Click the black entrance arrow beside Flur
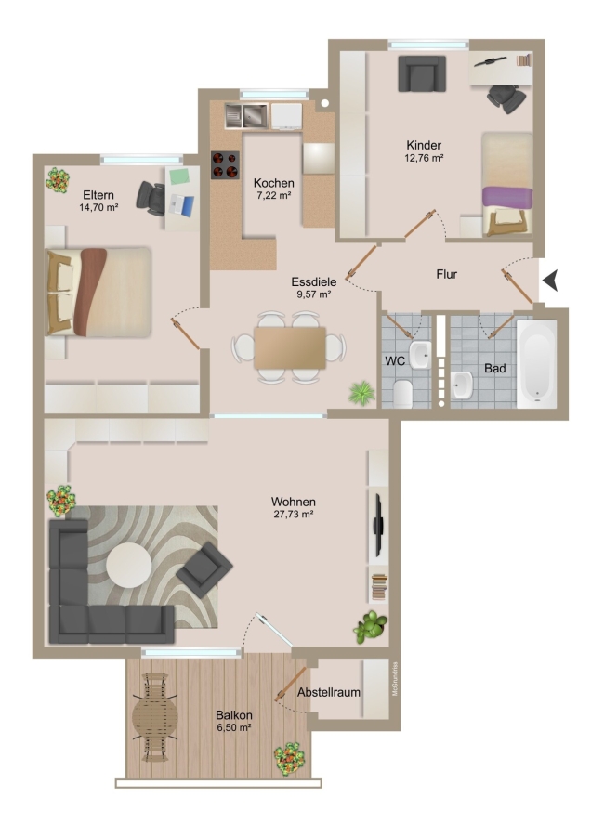click(x=552, y=281)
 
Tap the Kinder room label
click(x=424, y=145)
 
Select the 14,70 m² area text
click(x=98, y=207)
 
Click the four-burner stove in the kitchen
click(x=225, y=164)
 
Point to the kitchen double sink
click(x=246, y=116)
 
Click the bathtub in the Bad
click(x=536, y=363)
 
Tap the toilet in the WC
click(x=402, y=393)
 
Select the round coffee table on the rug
click(x=128, y=565)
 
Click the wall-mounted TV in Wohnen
click(x=378, y=524)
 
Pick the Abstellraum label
click(x=329, y=692)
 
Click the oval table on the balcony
click(x=154, y=717)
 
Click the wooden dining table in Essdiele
click(x=290, y=348)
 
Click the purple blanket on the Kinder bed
click(x=507, y=197)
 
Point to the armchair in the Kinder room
click(x=422, y=73)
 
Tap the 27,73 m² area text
click(x=293, y=515)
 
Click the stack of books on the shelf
click(x=379, y=586)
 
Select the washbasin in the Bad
click(x=462, y=385)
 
